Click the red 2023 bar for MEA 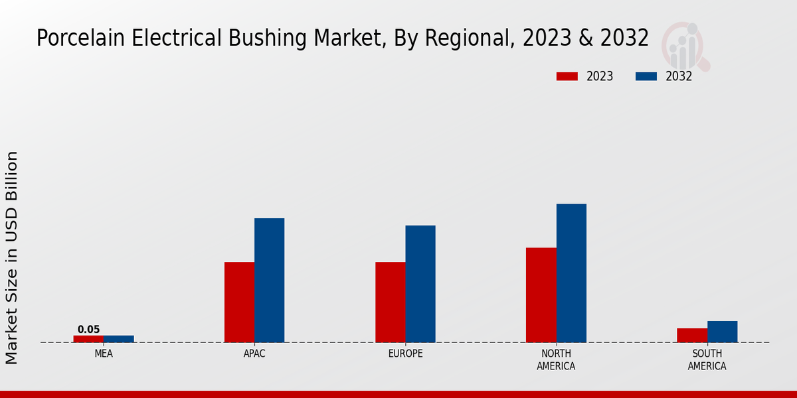pyautogui.click(x=88, y=338)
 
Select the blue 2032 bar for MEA pyautogui.click(x=118, y=338)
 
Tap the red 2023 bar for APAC pyautogui.click(x=239, y=302)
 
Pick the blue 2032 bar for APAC pyautogui.click(x=269, y=280)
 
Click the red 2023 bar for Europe pyautogui.click(x=390, y=302)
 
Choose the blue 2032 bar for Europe pyautogui.click(x=420, y=284)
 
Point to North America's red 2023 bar pyautogui.click(x=541, y=295)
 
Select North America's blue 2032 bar pyautogui.click(x=571, y=273)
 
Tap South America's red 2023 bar pyautogui.click(x=692, y=335)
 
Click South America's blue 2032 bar pyautogui.click(x=722, y=332)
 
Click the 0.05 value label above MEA pyautogui.click(x=88, y=329)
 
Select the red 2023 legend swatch pyautogui.click(x=567, y=76)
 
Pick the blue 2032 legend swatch pyautogui.click(x=646, y=76)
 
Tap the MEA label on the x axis pyautogui.click(x=104, y=354)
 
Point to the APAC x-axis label pyautogui.click(x=254, y=354)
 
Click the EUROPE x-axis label pyautogui.click(x=405, y=354)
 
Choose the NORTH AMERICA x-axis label pyautogui.click(x=556, y=360)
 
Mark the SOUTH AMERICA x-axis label pyautogui.click(x=707, y=360)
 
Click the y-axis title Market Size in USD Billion pyautogui.click(x=12, y=257)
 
